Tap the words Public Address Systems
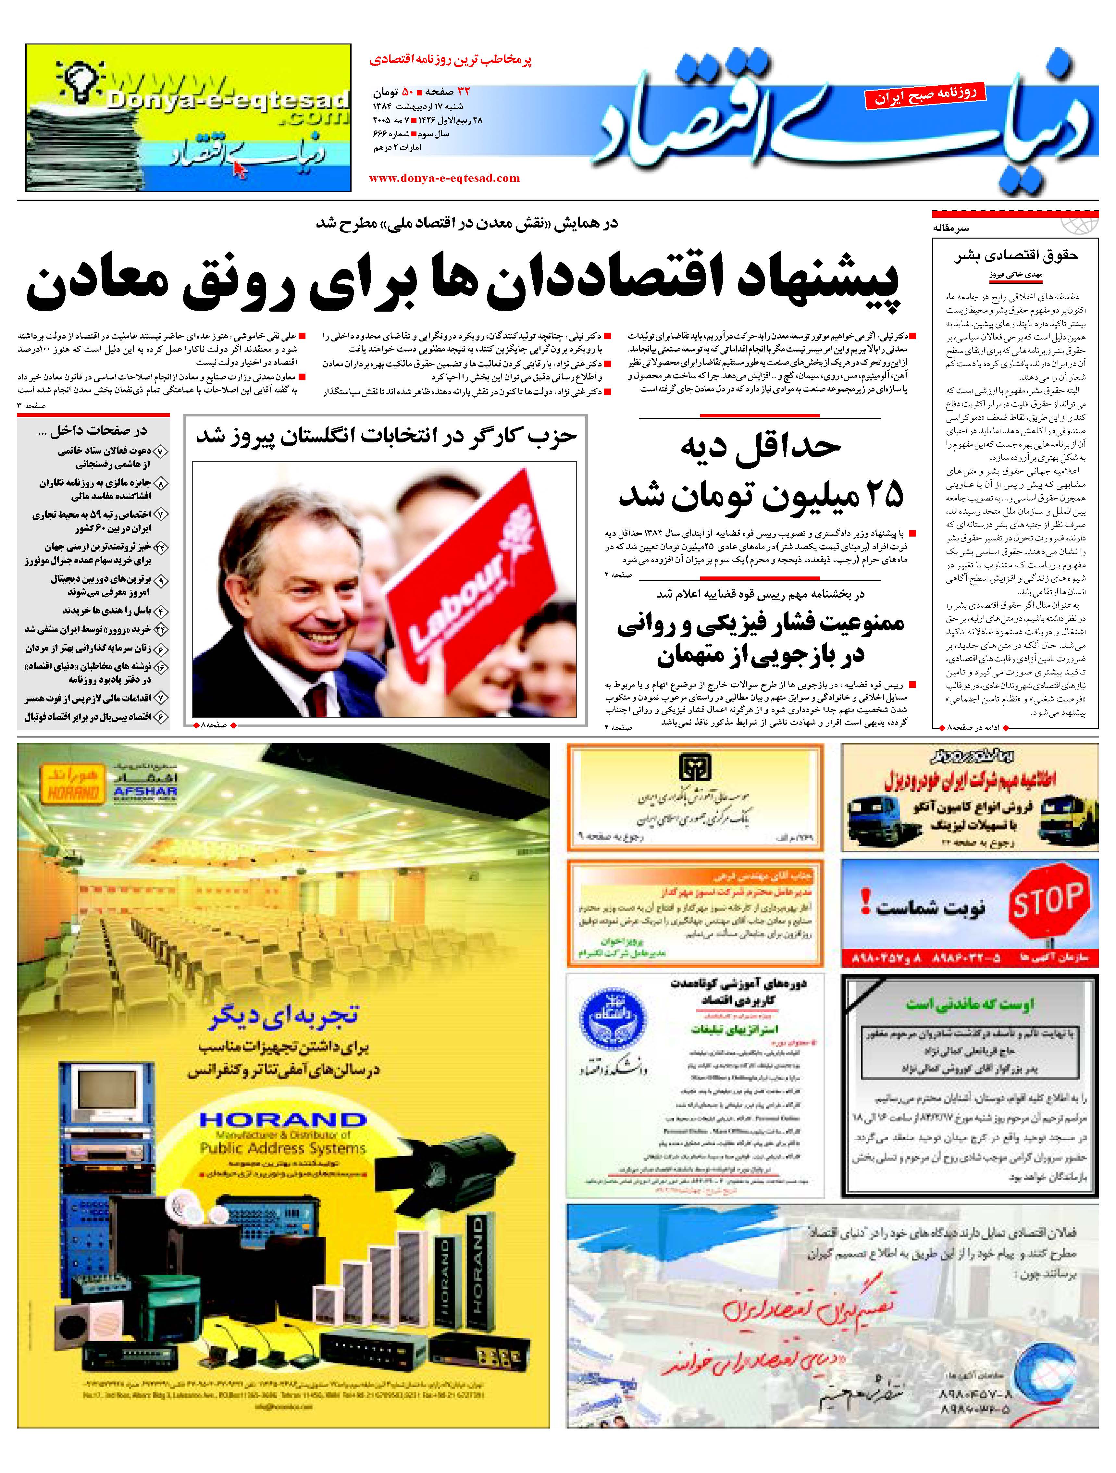tap(283, 1148)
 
